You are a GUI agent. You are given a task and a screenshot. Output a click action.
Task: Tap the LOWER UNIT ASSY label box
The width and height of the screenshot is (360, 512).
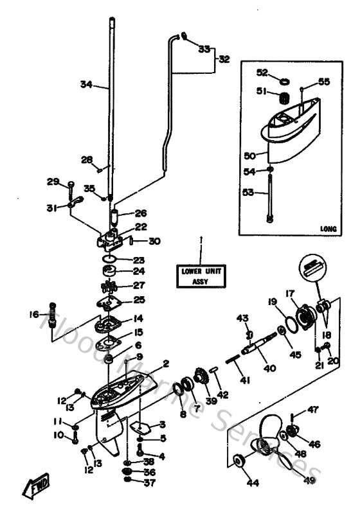tap(201, 275)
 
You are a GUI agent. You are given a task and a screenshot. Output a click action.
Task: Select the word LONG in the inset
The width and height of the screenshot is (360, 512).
tap(328, 228)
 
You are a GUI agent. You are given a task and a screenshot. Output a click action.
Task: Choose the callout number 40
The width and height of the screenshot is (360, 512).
tap(269, 368)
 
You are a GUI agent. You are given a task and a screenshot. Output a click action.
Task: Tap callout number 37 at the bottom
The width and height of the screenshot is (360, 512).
tap(149, 482)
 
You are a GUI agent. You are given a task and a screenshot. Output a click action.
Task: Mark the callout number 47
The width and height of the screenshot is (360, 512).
tap(312, 409)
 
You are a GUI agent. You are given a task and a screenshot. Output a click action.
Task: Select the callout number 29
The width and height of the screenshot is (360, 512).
tap(53, 182)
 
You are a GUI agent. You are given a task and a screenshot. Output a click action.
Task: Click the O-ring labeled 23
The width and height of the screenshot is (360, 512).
tap(110, 260)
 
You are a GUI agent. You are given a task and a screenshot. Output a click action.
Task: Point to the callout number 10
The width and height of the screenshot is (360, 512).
tap(58, 436)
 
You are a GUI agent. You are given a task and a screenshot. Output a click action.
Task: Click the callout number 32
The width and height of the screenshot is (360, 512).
tap(224, 59)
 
